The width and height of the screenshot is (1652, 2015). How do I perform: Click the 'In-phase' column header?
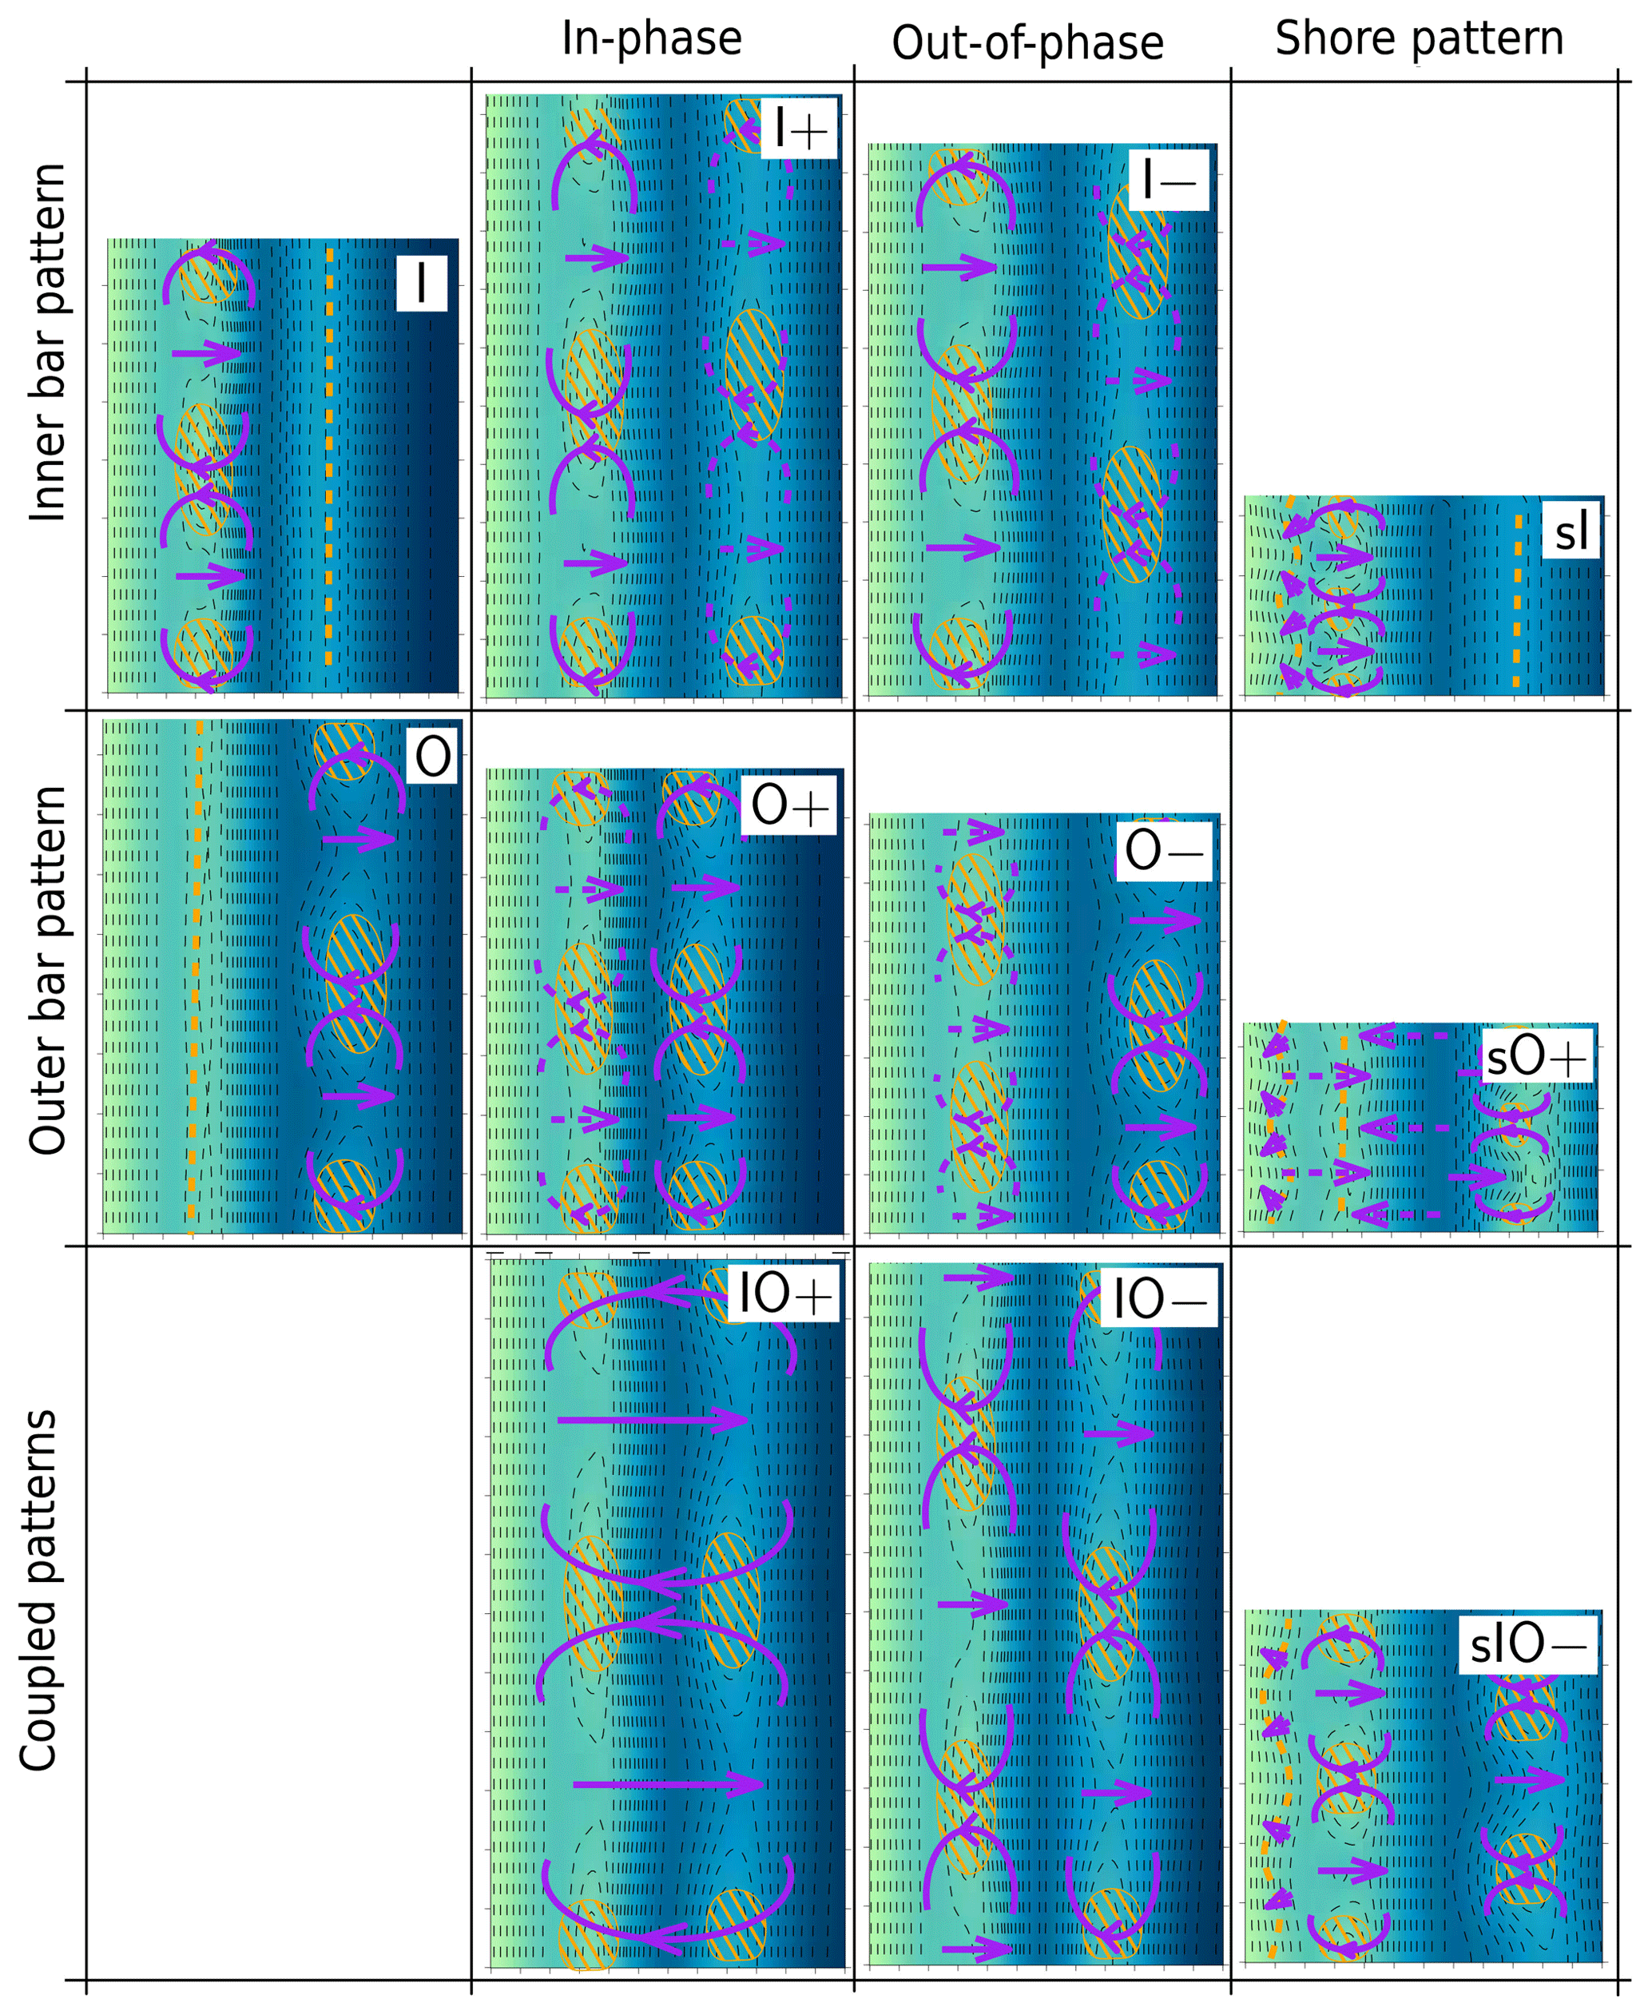tap(652, 40)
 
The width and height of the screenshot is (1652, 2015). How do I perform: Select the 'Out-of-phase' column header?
tap(1028, 44)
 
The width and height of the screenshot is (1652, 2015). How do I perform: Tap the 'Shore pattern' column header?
tap(1419, 40)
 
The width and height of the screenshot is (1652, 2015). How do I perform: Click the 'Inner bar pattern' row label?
tap(48, 343)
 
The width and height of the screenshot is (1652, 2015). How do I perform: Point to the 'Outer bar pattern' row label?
tap(48, 970)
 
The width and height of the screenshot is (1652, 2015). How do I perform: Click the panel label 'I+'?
tap(800, 128)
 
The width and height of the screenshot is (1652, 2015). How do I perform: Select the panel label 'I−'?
tap(1169, 179)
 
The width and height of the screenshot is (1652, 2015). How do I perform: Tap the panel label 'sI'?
tap(1571, 532)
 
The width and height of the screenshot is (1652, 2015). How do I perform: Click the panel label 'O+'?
tap(789, 805)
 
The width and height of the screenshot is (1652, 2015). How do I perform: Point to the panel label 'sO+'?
tap(1536, 1058)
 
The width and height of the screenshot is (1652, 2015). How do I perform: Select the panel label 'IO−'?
tap(1159, 1299)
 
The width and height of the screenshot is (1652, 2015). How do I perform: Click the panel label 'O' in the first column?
tap(433, 757)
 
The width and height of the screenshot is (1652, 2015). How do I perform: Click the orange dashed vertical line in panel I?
tap(329, 457)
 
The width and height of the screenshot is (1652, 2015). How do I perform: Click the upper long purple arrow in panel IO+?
tap(652, 1420)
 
